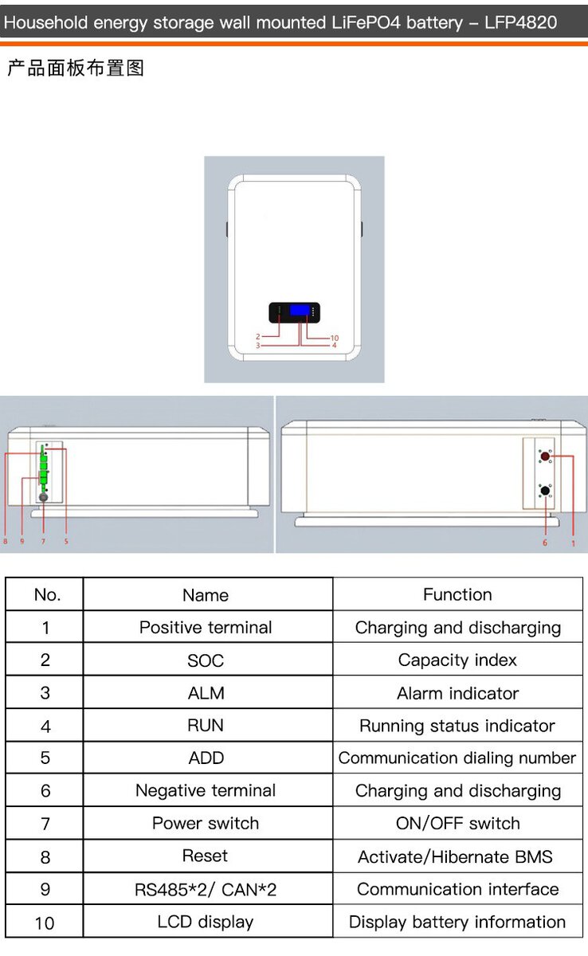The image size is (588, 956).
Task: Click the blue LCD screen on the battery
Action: [300, 310]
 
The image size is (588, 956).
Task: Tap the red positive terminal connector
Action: [545, 456]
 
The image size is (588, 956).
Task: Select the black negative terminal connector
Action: [545, 491]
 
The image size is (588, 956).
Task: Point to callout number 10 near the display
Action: [334, 338]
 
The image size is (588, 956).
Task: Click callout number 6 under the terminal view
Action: [545, 543]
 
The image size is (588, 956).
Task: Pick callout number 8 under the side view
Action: [5, 541]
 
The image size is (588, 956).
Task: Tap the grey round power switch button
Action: [43, 497]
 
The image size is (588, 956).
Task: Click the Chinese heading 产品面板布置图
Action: [76, 69]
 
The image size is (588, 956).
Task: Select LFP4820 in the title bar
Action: [520, 22]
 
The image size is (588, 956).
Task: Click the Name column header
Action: [206, 595]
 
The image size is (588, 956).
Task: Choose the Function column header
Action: [457, 594]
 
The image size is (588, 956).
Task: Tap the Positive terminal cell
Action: [206, 628]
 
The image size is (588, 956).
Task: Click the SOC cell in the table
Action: [206, 660]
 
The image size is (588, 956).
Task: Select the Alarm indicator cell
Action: [458, 693]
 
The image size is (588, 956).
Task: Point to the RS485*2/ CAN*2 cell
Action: [206, 890]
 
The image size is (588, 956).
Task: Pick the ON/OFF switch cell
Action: [458, 823]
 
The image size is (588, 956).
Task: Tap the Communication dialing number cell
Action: [457, 758]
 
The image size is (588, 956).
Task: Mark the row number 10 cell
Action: [45, 923]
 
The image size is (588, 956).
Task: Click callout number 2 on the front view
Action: [257, 337]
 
